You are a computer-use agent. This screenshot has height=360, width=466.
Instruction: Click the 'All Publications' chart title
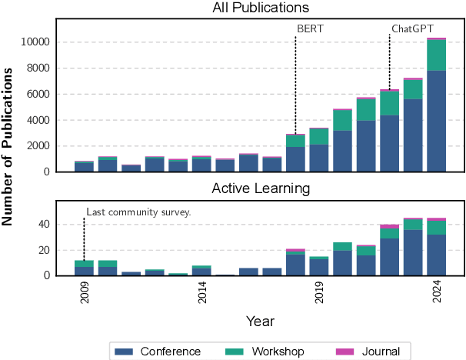click(x=260, y=8)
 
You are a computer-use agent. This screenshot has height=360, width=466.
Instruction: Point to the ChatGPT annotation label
click(x=412, y=28)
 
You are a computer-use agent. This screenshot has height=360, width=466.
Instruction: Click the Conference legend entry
click(x=157, y=352)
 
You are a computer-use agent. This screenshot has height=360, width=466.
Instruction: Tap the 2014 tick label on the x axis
click(x=201, y=293)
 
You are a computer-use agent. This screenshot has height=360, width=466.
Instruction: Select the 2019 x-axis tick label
click(x=319, y=293)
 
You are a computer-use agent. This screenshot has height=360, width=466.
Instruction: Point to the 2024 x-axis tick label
click(x=436, y=293)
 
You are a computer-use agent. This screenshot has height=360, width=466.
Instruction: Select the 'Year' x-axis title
click(x=260, y=321)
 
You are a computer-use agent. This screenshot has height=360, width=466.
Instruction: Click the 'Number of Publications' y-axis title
click(x=9, y=146)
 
